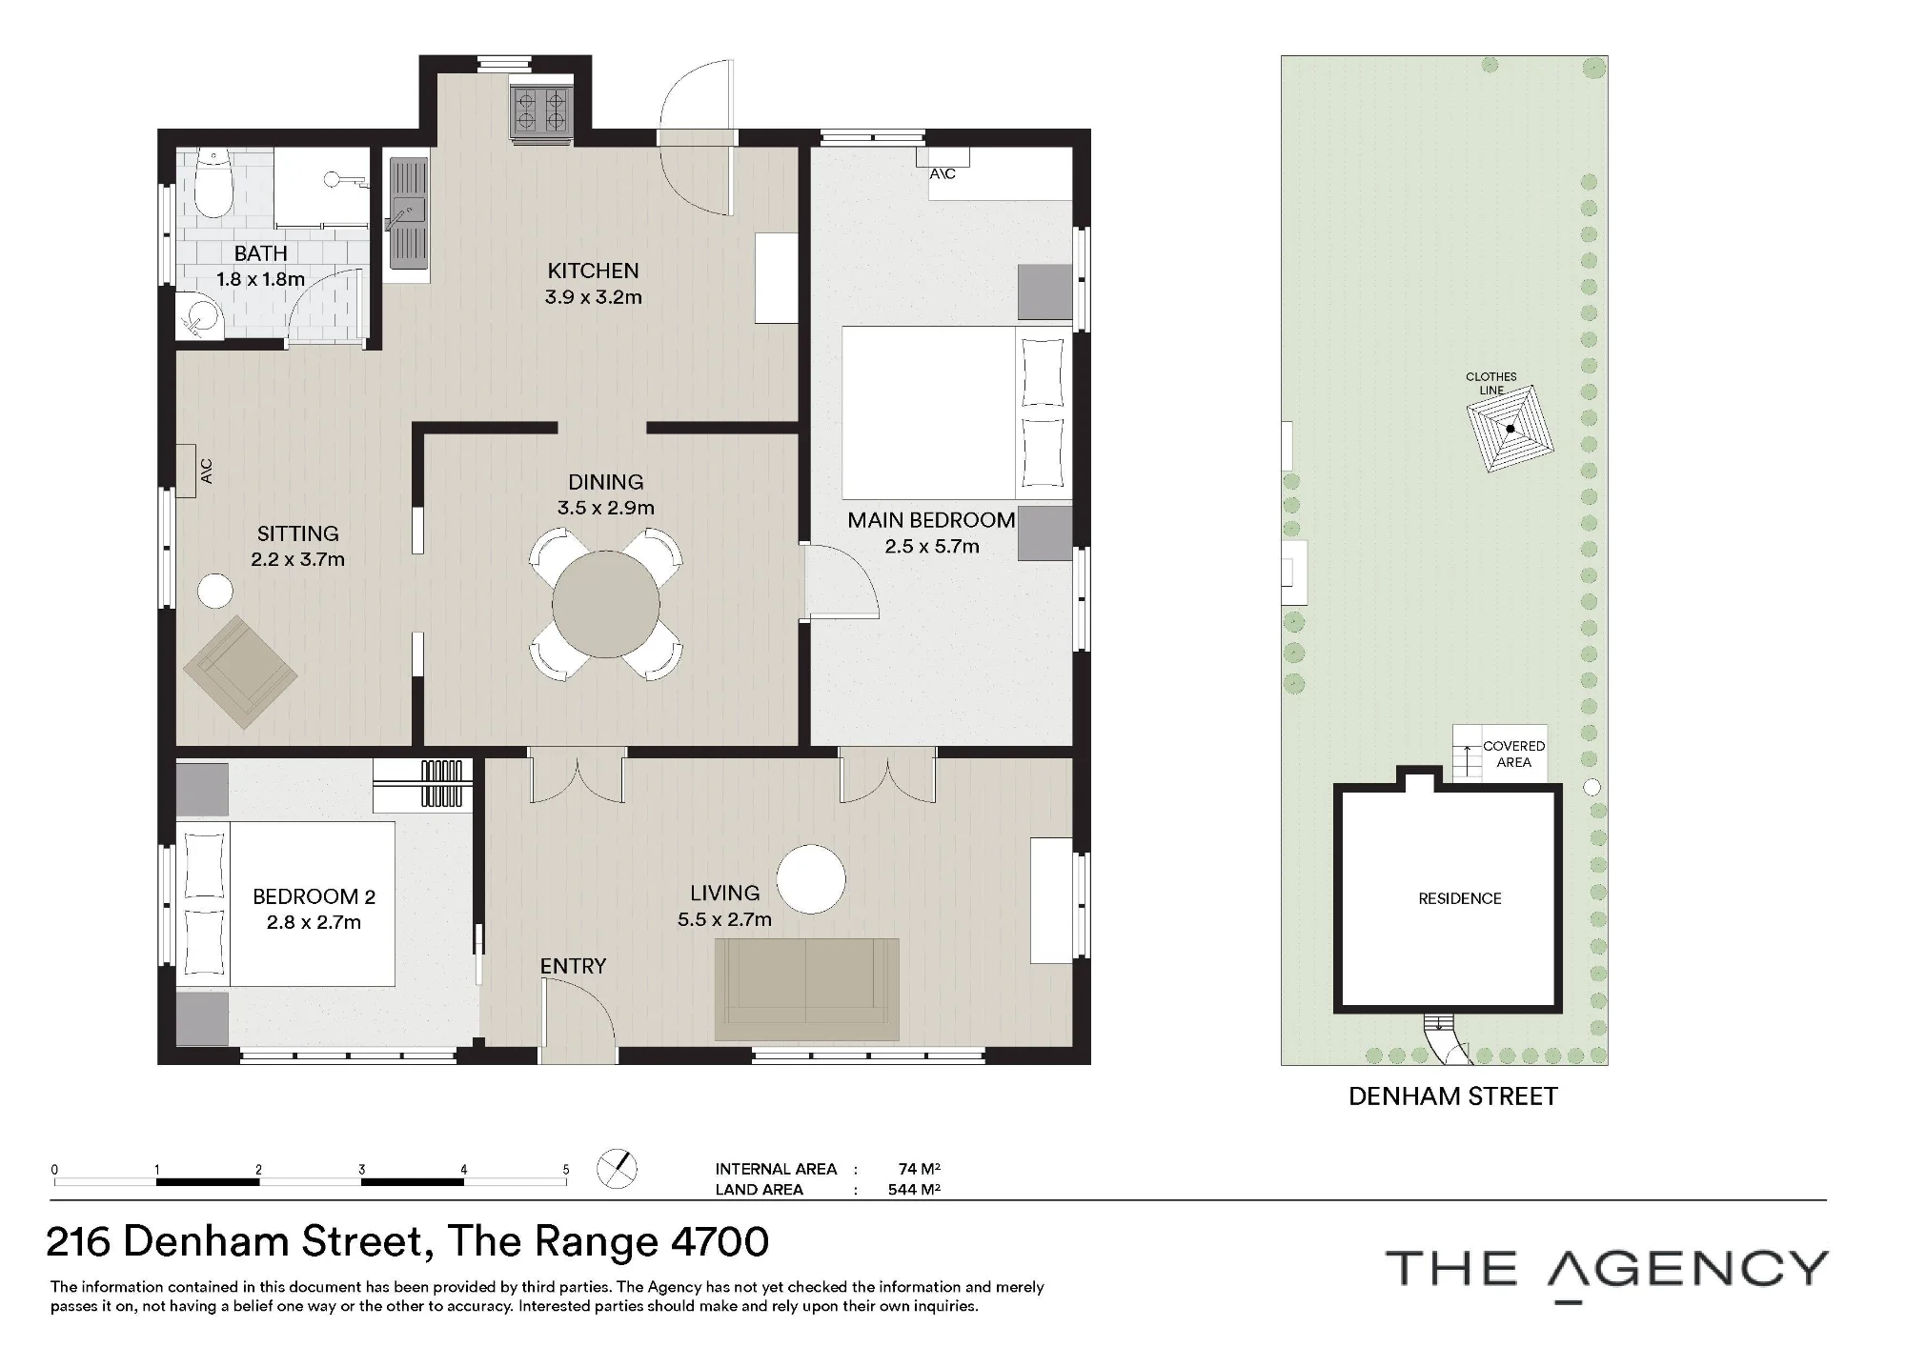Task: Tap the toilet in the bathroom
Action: click(x=213, y=185)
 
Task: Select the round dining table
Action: click(x=606, y=604)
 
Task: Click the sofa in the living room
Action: click(x=807, y=989)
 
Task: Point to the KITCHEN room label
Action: click(x=593, y=271)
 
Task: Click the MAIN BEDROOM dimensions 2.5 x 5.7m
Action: click(x=932, y=546)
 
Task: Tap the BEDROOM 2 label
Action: click(x=314, y=896)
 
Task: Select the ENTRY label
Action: click(x=573, y=966)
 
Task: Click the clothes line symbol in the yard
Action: click(x=1511, y=429)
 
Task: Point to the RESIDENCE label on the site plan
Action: click(x=1460, y=898)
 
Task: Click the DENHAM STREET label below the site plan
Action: click(x=1453, y=1096)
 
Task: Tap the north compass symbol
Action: click(x=617, y=1168)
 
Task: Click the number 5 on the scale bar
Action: click(x=566, y=1170)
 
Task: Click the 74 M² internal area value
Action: click(x=920, y=1169)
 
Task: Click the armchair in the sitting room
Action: click(x=241, y=672)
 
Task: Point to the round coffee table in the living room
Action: click(x=811, y=879)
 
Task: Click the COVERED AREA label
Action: click(x=1513, y=754)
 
